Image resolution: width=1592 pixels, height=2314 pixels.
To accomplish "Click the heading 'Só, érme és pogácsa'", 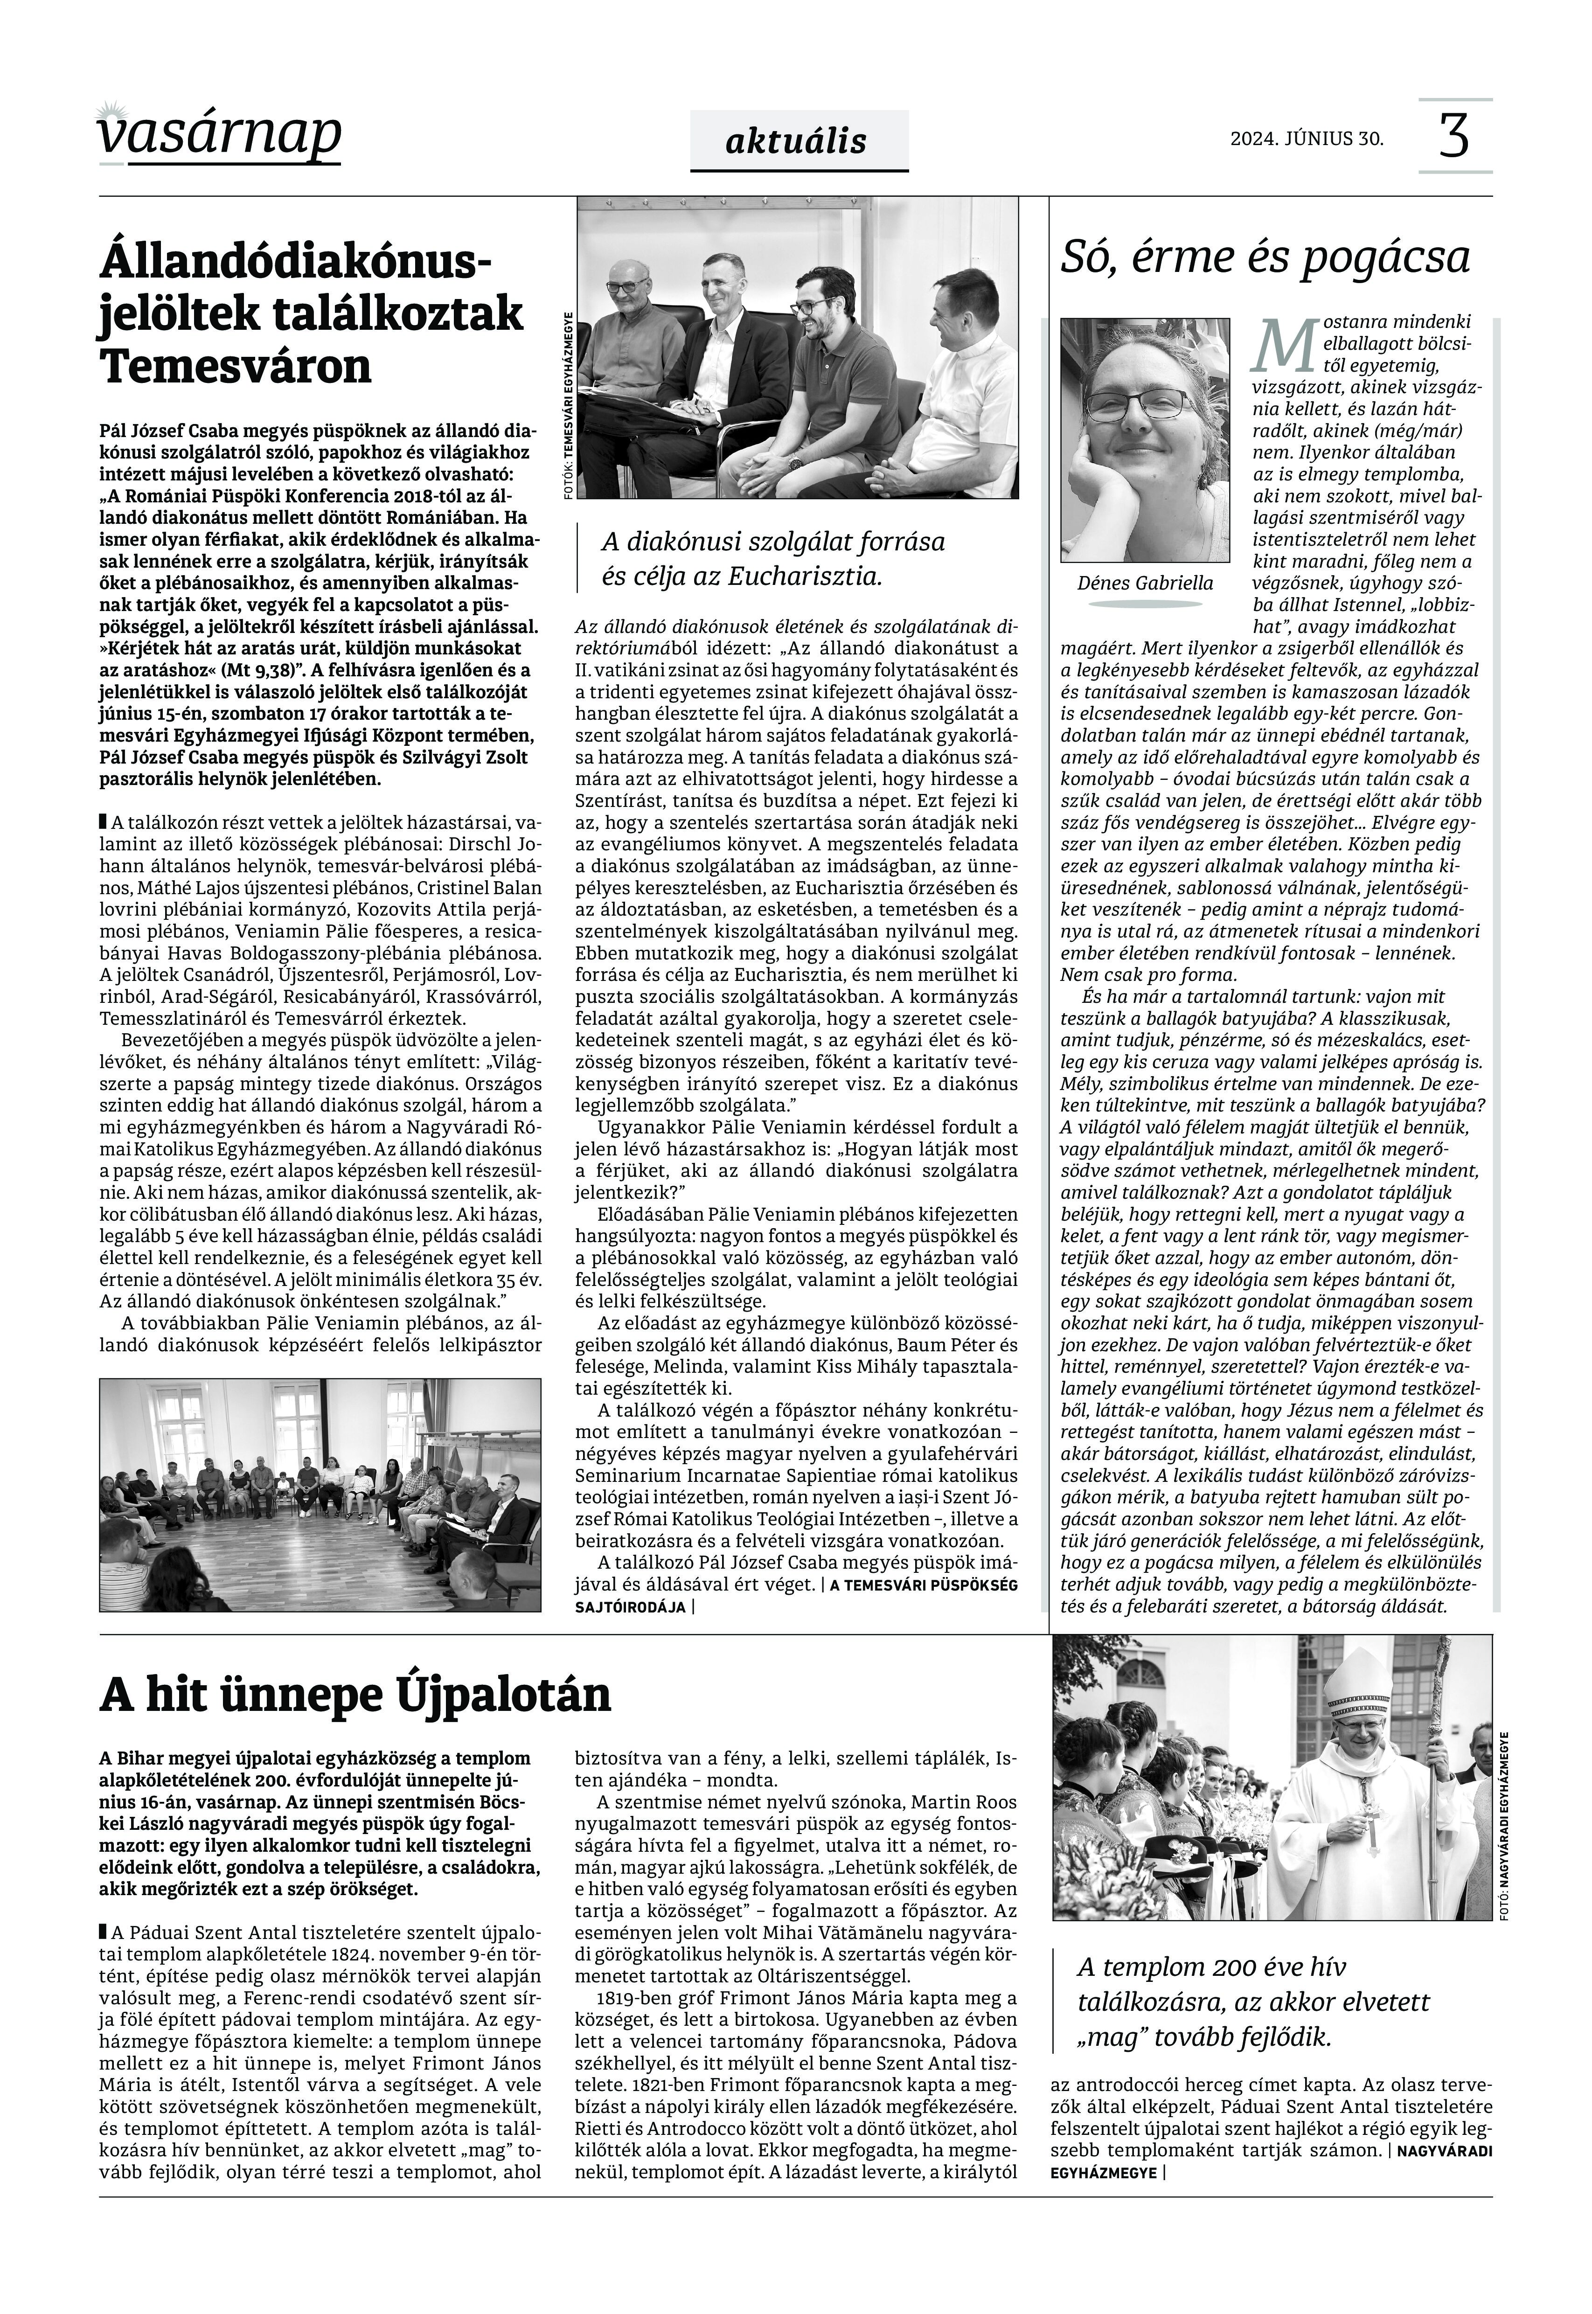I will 1265,257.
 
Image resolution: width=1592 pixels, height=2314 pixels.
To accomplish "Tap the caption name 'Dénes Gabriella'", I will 1145,584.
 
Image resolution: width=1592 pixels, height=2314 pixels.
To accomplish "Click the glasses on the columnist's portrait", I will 1139,404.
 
